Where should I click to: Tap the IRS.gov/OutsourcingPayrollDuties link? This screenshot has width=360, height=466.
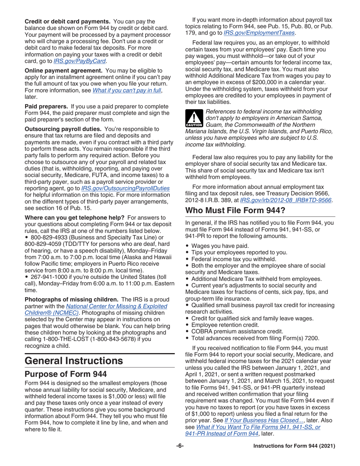point(125,188)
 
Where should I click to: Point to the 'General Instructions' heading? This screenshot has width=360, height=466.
point(74,360)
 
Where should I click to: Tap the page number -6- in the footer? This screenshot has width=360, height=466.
point(180,446)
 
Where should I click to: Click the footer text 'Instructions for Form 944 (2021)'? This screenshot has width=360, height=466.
point(294,446)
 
